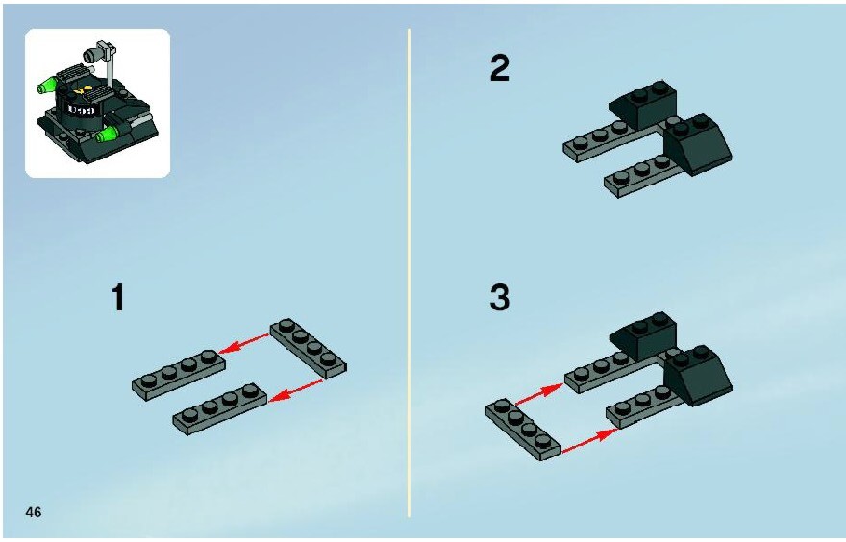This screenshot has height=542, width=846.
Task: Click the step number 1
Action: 118,298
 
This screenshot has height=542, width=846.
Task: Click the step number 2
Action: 500,68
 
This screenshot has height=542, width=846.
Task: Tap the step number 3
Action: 500,298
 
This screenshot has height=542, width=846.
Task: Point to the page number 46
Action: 34,512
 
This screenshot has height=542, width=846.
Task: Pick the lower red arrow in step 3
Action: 589,440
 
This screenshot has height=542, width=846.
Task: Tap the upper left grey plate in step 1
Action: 179,374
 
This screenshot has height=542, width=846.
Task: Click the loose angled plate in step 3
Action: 523,430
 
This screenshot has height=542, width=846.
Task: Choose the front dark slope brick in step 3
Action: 697,376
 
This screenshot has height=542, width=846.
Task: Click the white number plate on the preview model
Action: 81,111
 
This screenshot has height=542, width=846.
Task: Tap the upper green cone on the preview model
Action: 48,85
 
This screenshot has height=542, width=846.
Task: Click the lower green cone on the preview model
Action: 107,135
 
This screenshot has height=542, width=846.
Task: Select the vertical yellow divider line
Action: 409,273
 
